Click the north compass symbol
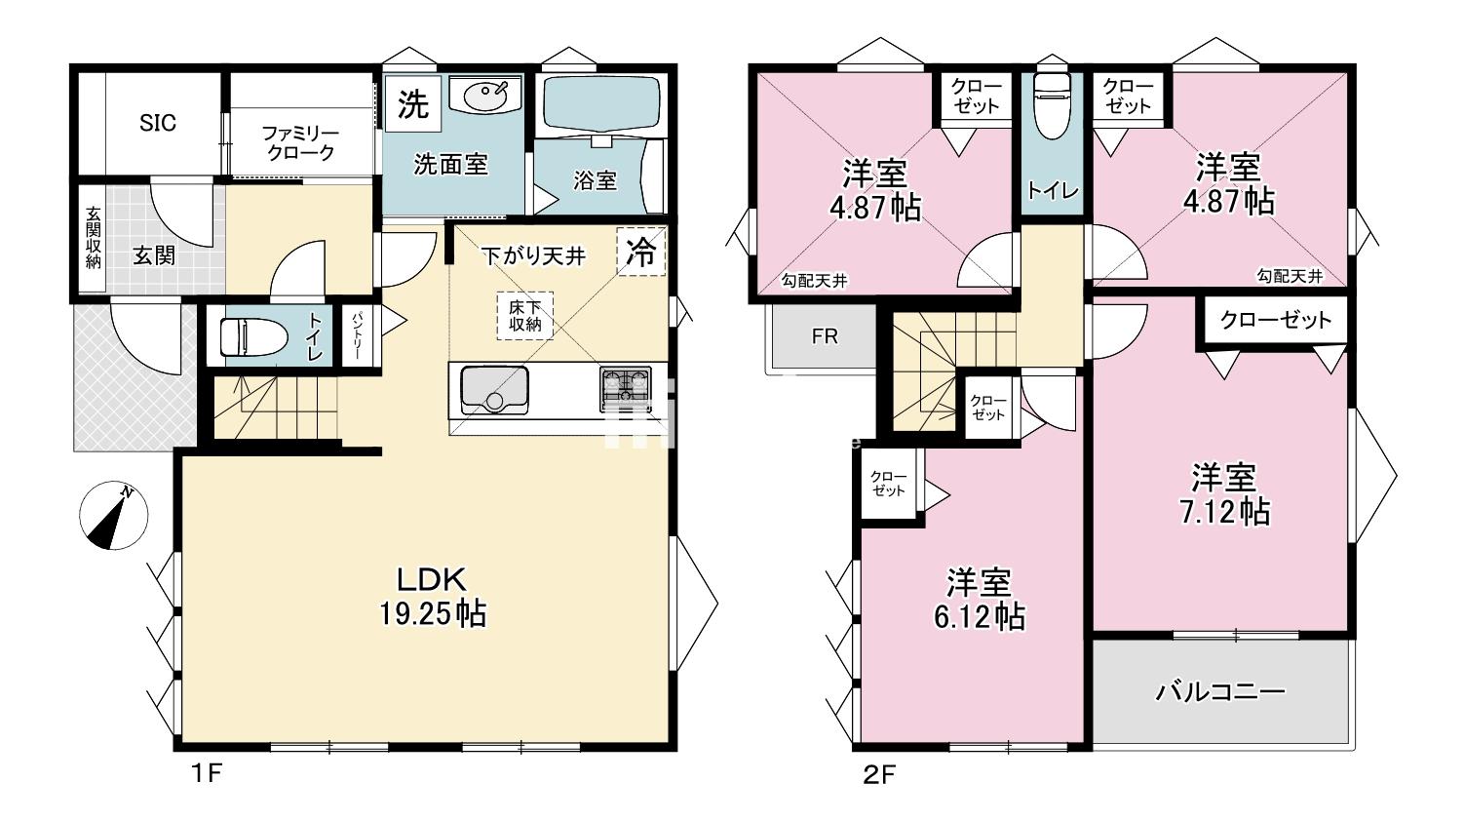tap(114, 516)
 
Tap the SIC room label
tap(158, 123)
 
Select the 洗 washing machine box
tap(413, 104)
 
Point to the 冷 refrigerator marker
tap(641, 251)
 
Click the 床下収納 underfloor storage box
tap(524, 316)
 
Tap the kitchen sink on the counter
tap(495, 390)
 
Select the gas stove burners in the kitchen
tap(626, 390)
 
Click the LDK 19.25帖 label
tap(433, 596)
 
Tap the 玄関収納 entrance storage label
tap(94, 238)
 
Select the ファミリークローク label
tap(300, 143)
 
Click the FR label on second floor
tap(825, 336)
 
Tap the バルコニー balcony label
tap(1220, 692)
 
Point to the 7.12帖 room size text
tap(1225, 512)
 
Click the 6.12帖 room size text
tap(979, 616)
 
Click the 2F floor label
tap(879, 775)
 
